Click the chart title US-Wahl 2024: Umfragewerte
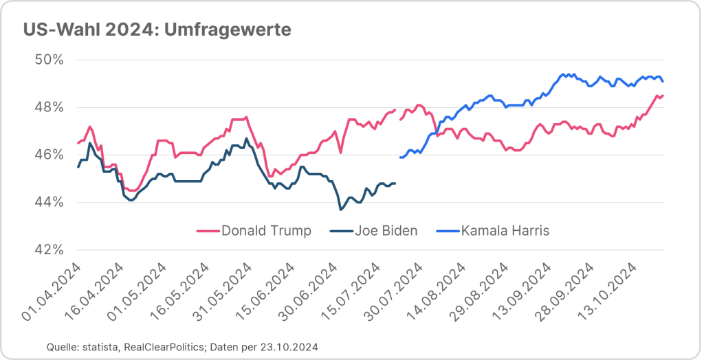(x=157, y=30)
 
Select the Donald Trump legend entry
(x=265, y=230)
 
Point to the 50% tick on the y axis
(x=49, y=60)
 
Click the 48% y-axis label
(x=49, y=107)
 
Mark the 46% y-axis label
(x=49, y=155)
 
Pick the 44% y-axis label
(x=49, y=202)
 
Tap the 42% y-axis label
(x=49, y=249)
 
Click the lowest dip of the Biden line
(x=340, y=209)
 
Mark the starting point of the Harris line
(x=399, y=157)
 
